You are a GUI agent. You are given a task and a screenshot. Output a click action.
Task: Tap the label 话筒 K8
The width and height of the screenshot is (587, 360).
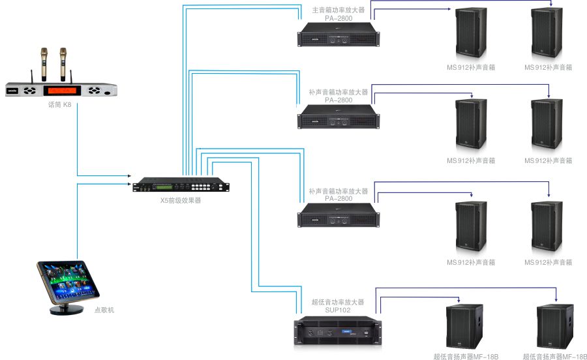pos(59,105)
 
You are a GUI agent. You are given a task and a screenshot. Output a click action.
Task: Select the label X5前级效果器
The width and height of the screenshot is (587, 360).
pos(181,201)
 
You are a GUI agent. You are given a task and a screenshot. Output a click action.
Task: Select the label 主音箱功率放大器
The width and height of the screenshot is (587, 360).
pos(339,10)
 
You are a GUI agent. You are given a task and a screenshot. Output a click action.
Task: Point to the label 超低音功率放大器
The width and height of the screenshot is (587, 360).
pos(338,303)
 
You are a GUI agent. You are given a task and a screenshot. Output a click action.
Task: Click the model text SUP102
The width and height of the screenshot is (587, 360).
pos(338,310)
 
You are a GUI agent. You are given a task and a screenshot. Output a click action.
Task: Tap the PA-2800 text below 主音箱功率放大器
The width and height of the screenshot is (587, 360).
pos(339,18)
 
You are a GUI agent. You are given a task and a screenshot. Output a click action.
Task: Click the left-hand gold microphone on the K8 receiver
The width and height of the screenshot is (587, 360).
pos(44,63)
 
